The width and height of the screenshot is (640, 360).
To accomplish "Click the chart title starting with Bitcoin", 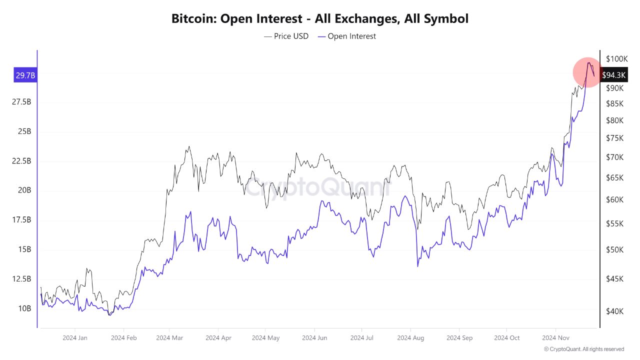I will pos(320,19).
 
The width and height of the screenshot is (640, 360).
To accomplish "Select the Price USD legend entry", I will pos(286,36).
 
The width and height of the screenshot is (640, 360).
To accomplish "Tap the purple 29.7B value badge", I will pos(25,75).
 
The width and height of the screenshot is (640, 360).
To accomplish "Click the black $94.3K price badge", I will pos(613,75).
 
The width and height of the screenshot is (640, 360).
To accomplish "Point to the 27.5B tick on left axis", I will pos(21,102).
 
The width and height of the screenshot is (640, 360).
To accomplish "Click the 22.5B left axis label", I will pos(21,161).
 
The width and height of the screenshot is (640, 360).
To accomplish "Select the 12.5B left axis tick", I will pos(21,279).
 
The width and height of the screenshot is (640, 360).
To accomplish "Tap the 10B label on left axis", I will pos(24,308).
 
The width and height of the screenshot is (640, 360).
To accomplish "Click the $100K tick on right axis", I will pos(616,59).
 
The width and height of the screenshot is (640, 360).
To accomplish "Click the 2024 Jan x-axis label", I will pos(75,338).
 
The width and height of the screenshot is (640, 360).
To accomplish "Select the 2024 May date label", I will pos(265,338).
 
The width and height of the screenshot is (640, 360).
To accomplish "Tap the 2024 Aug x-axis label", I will pos(410,338).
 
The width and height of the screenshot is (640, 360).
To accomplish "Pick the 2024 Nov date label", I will pos(556,338).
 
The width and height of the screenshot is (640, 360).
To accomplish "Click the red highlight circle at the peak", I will pos(587,72).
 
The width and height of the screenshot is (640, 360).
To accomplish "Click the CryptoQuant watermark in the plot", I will pos(318,188).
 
